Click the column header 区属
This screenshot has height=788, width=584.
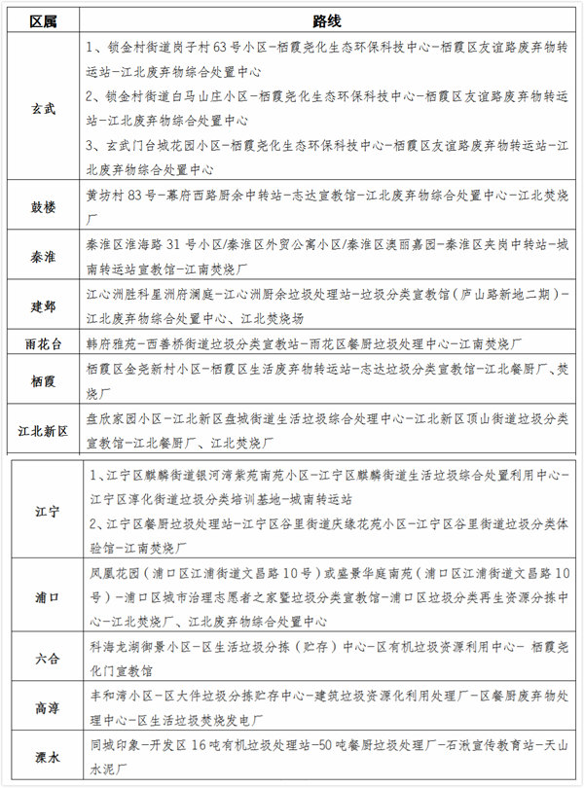point(44,20)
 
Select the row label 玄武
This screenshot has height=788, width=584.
point(44,108)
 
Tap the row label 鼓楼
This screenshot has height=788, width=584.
point(44,206)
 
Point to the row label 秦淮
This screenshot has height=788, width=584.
point(44,255)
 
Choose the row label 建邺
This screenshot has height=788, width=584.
point(44,305)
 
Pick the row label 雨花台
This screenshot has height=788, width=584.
point(44,343)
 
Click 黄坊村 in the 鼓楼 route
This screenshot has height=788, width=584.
point(106,195)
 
